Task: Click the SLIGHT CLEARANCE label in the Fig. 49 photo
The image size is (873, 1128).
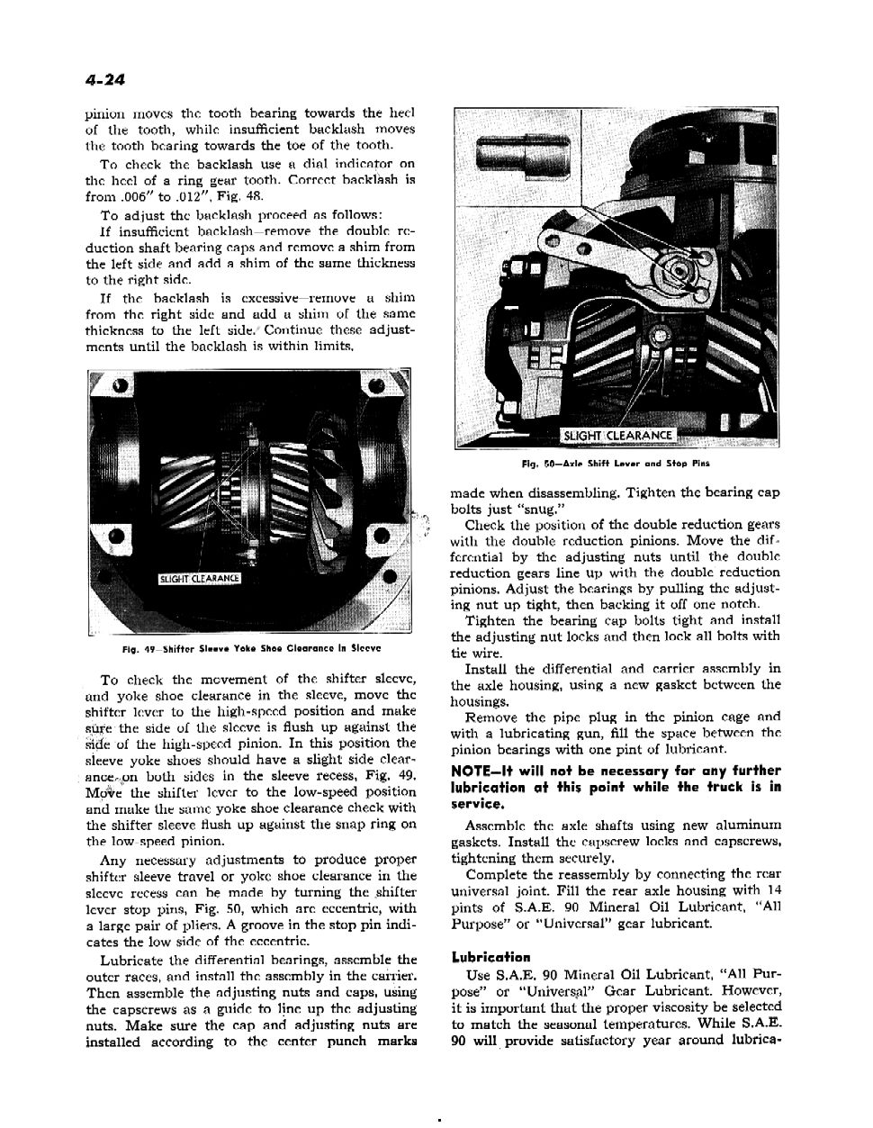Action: pyautogui.click(x=199, y=578)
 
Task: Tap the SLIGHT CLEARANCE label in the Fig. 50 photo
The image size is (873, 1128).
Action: pyautogui.click(x=617, y=436)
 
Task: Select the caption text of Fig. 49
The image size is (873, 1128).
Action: pyautogui.click(x=251, y=646)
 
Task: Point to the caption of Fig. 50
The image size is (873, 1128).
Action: pyautogui.click(x=616, y=465)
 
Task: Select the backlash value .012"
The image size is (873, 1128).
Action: pyautogui.click(x=187, y=196)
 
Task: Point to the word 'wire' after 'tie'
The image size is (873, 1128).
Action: pyautogui.click(x=480, y=653)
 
